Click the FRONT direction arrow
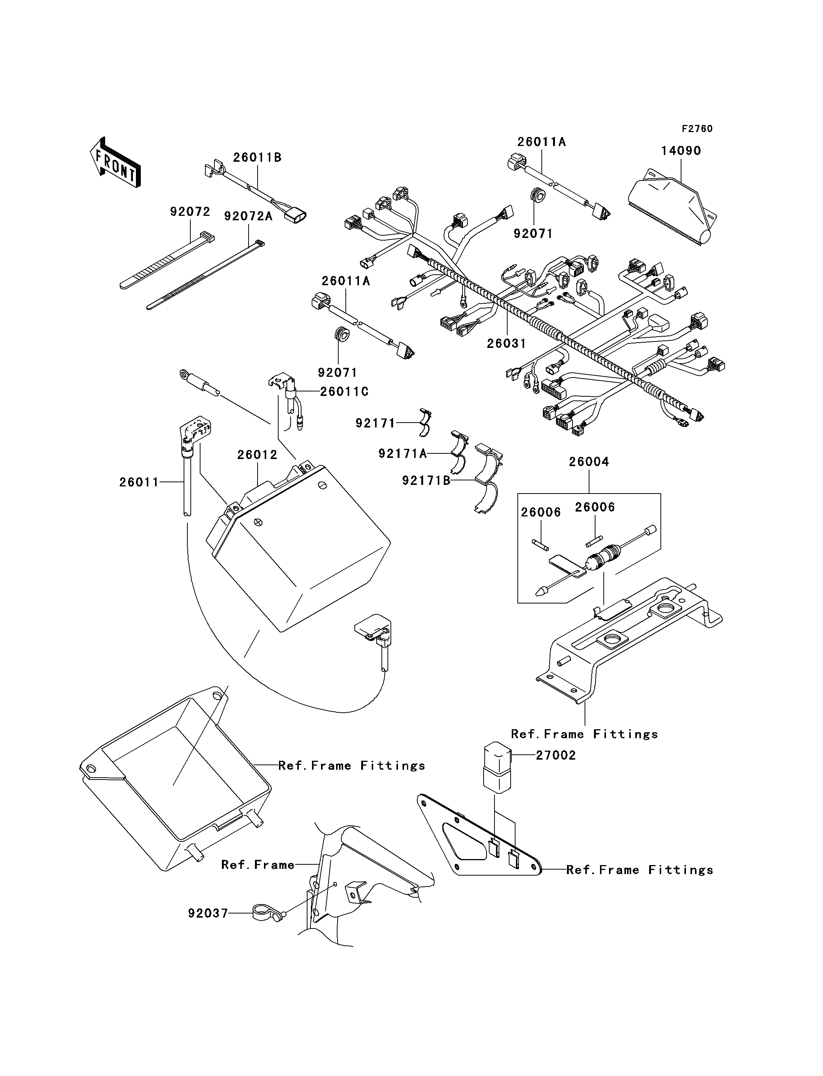tap(116, 164)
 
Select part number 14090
tap(681, 151)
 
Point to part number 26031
tap(506, 344)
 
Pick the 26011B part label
tap(257, 158)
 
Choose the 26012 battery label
tap(257, 455)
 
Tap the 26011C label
tap(344, 392)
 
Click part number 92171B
tap(426, 481)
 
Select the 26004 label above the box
tap(589, 462)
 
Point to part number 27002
tap(556, 755)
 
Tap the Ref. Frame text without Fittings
tap(258, 865)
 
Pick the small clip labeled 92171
tap(425, 422)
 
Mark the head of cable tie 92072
tap(207, 238)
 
